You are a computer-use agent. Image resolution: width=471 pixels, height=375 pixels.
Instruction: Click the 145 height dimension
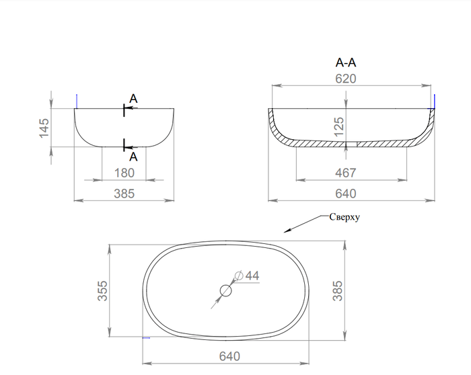[x=44, y=128]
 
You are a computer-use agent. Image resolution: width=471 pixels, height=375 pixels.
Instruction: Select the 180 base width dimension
[x=124, y=173]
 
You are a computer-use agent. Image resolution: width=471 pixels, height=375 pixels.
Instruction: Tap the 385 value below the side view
[x=124, y=194]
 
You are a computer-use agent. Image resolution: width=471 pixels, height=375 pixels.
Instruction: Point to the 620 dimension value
[x=346, y=79]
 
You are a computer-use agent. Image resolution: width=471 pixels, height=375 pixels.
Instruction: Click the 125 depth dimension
[x=339, y=126]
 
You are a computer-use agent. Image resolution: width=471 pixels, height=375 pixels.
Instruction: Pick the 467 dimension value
[x=346, y=173]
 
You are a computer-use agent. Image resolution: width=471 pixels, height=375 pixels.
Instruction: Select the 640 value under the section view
[x=346, y=194]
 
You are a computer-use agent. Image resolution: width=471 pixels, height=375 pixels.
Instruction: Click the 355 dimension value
[x=102, y=291]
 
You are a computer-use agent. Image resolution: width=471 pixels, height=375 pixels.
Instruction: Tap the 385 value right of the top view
[x=338, y=291]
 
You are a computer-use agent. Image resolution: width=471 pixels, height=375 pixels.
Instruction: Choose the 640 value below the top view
[x=229, y=356]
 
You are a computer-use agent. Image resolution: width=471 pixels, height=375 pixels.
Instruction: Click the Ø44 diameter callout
[x=247, y=276]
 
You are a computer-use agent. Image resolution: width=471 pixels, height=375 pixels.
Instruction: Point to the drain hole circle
[x=226, y=285]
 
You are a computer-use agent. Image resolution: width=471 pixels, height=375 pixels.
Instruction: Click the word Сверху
[x=345, y=217]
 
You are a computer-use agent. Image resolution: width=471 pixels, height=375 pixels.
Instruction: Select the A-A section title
[x=346, y=62]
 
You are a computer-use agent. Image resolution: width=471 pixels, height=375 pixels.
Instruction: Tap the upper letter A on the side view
[x=133, y=99]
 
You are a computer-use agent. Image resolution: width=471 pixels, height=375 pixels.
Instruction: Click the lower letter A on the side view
[x=133, y=157]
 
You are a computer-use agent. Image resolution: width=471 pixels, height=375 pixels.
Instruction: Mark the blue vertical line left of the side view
[x=77, y=101]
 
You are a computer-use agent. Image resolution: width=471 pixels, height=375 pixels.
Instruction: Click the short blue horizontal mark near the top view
[x=146, y=338]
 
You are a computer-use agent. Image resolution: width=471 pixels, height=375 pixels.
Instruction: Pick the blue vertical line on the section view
[x=435, y=102]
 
